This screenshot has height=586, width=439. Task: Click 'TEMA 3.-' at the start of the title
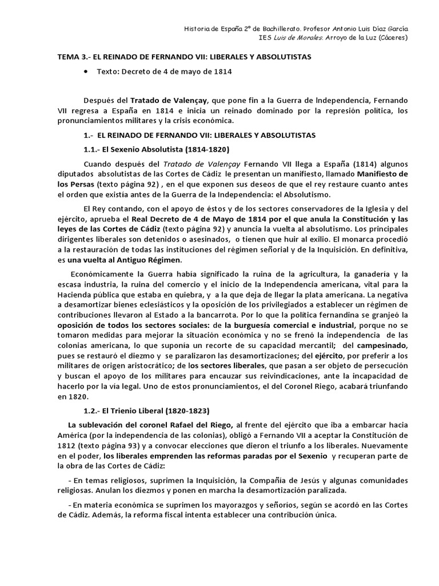[x=74, y=58]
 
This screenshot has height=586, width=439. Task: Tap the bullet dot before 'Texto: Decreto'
[x=86, y=72]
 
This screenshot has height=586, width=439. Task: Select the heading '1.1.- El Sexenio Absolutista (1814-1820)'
[x=156, y=149]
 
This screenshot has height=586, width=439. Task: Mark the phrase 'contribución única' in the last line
[x=300, y=514]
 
